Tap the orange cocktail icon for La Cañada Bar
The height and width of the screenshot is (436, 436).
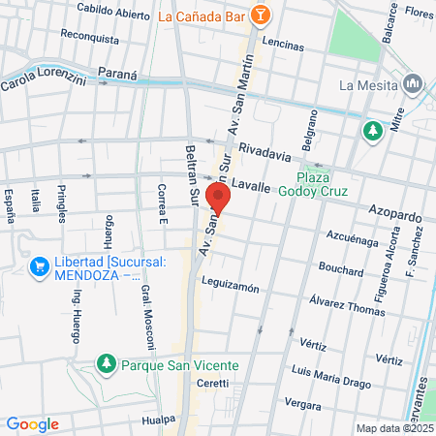[260, 16]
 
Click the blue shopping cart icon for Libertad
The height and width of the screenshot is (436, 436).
[40, 265]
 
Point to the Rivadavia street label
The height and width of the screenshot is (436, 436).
[265, 152]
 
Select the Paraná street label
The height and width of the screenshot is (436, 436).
[118, 75]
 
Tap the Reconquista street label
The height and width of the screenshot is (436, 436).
[89, 40]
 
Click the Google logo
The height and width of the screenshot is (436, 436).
[32, 423]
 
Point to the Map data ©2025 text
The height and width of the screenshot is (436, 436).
[394, 428]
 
